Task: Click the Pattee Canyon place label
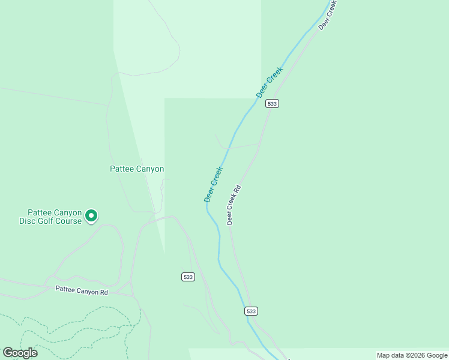[137, 169]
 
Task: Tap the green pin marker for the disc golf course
[91, 215]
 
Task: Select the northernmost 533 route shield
[273, 104]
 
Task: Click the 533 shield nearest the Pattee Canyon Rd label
[188, 277]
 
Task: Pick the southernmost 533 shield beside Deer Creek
[251, 311]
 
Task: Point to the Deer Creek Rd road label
[234, 205]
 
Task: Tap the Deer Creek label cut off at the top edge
[328, 13]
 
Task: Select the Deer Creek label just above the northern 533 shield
[270, 82]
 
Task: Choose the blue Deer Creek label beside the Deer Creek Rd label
[213, 184]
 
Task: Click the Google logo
[20, 353]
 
